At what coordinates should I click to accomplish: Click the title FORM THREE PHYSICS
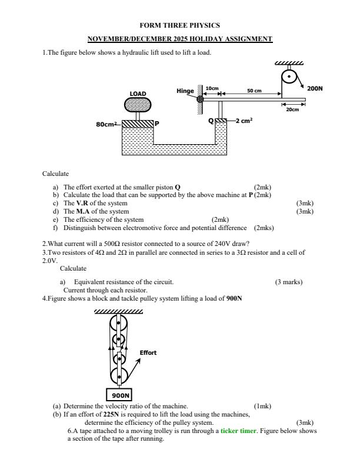[179, 25]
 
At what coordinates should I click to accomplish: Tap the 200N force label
[315, 88]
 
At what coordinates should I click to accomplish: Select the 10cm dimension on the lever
[211, 88]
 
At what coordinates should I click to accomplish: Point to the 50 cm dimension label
[254, 91]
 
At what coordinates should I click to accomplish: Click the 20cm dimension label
[292, 109]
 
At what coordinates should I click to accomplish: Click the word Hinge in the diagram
[185, 91]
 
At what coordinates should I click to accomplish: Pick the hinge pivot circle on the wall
[200, 99]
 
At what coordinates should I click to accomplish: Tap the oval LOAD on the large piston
[138, 104]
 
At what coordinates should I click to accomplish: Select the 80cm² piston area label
[106, 124]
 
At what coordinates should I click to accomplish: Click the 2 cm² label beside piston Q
[244, 121]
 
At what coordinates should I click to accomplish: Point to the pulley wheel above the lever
[289, 77]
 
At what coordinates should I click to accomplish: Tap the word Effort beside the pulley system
[148, 353]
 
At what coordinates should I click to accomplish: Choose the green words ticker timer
[238, 431]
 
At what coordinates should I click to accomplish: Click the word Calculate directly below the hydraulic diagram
[55, 174]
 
